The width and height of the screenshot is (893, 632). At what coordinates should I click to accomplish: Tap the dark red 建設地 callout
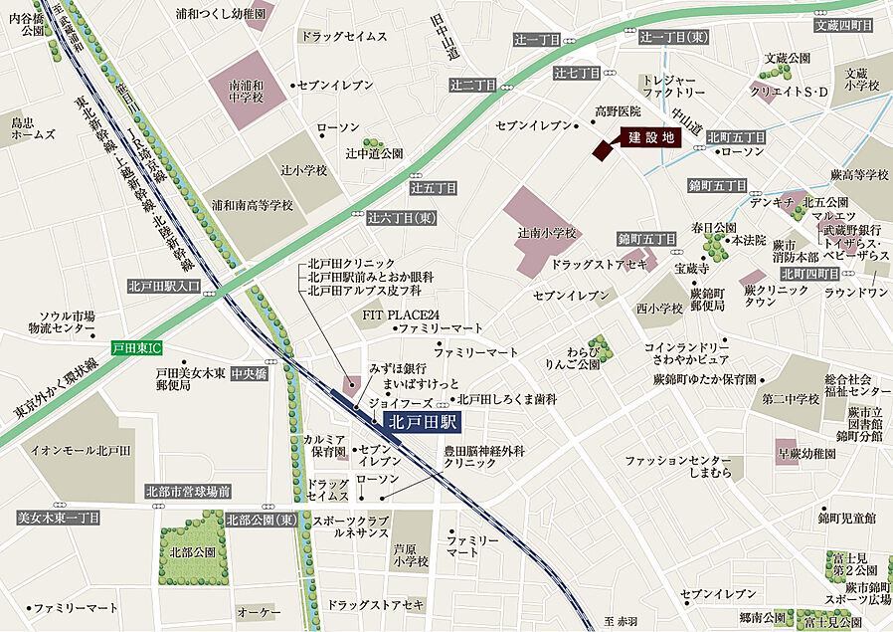click(651, 138)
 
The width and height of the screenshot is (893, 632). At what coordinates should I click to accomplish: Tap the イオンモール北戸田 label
click(82, 451)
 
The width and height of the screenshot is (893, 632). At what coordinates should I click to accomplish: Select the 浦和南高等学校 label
click(252, 205)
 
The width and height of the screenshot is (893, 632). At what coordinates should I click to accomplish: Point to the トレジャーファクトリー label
click(673, 85)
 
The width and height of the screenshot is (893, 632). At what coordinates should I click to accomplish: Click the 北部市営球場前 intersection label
click(188, 491)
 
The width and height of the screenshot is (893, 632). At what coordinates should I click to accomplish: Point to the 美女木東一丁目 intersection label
click(59, 518)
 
